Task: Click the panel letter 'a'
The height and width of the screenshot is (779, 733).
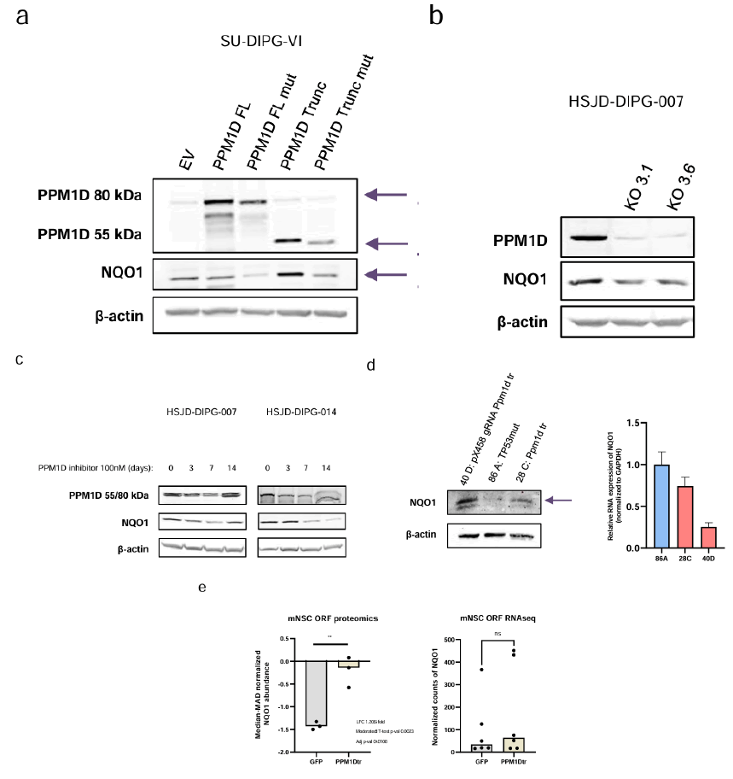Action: point(20,17)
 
